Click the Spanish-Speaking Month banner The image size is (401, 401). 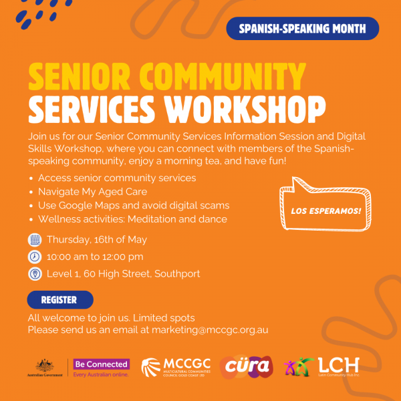302,29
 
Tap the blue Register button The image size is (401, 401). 60,300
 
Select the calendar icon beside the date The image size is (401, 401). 35,240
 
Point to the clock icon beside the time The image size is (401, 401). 35,257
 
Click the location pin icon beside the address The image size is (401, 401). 35,273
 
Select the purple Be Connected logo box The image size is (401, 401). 101,364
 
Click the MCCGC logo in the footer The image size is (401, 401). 176,368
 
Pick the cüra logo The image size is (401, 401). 245,367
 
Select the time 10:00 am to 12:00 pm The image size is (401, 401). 95,257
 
